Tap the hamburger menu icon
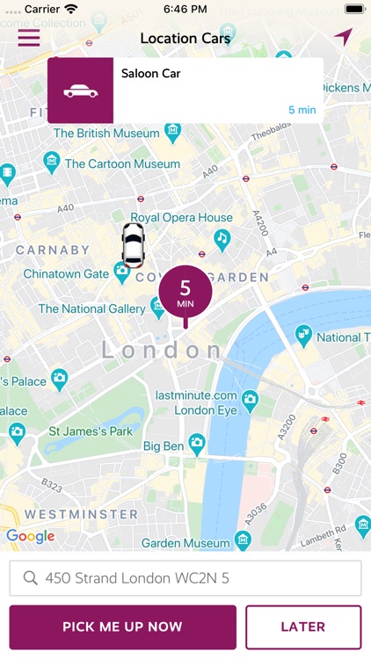[x=29, y=38]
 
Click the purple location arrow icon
[x=342, y=38]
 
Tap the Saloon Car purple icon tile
[x=80, y=91]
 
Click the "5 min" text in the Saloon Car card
[x=302, y=110]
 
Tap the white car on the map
[x=133, y=244]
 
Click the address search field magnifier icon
[x=31, y=578]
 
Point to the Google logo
[x=31, y=536]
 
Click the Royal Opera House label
[x=181, y=218]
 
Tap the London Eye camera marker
[x=250, y=400]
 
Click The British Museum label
[x=105, y=133]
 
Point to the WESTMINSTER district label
[x=81, y=514]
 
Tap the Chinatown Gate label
[x=66, y=274]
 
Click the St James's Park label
[x=90, y=431]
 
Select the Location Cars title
[x=185, y=39]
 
